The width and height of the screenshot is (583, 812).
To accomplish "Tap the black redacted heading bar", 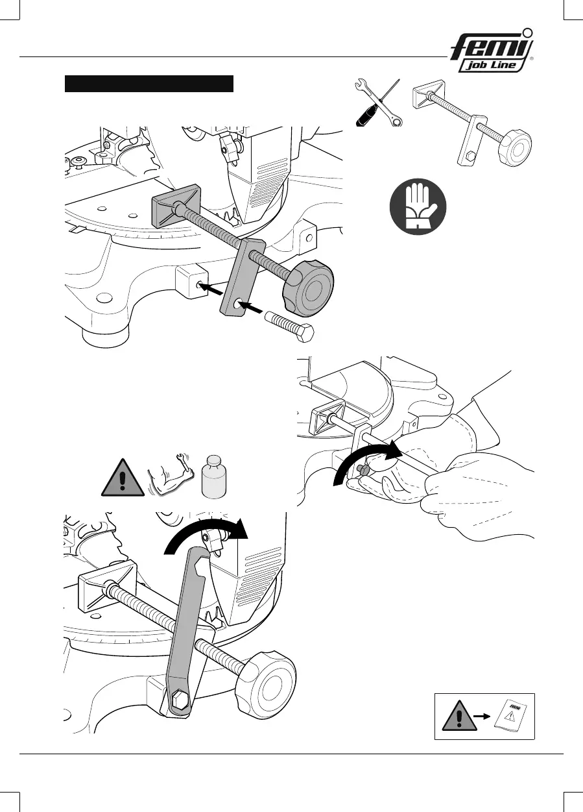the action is pos(149,84).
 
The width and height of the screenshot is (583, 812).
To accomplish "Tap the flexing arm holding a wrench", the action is pos(171,478).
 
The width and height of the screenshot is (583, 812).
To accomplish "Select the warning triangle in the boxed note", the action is pos(454,716).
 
